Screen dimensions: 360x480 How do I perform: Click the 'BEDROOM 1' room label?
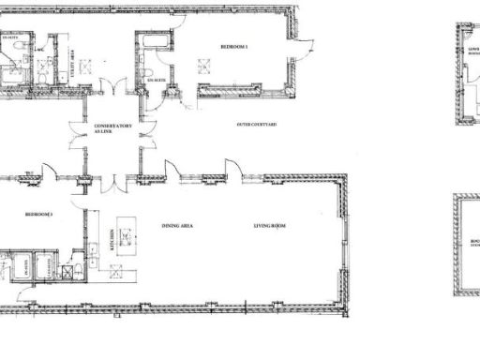point(233,45)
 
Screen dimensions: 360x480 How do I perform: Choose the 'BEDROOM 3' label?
point(38,215)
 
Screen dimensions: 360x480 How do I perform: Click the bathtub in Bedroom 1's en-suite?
point(151,43)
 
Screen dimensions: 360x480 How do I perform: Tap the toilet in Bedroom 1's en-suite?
point(149,73)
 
